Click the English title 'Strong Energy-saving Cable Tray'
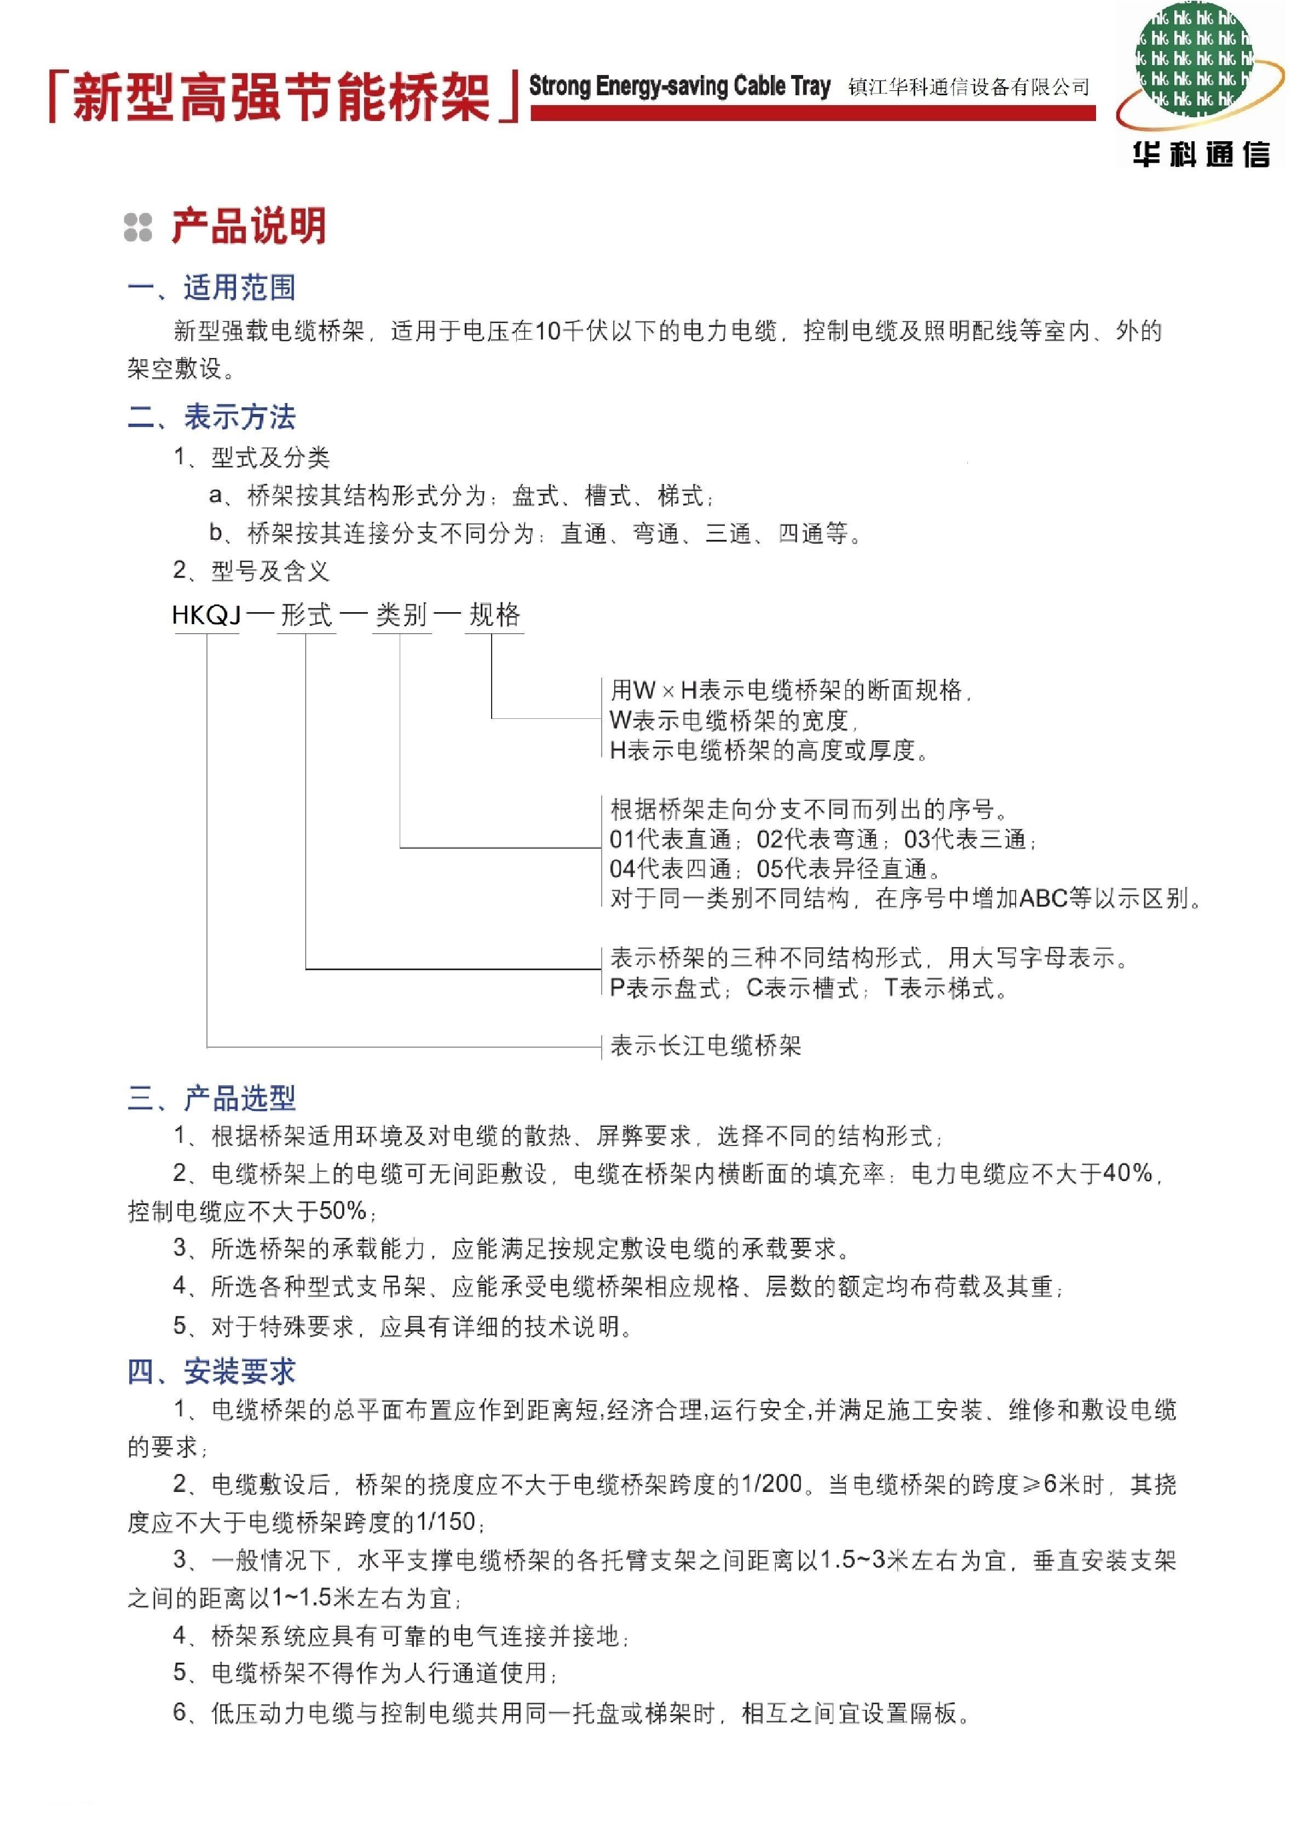pyautogui.click(x=679, y=86)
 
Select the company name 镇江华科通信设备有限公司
pyautogui.click(x=968, y=87)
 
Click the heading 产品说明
pyautogui.click(x=249, y=227)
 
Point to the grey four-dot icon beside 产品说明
pyautogui.click(x=138, y=227)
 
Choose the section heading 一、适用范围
pyautogui.click(x=212, y=287)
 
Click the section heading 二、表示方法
pyautogui.click(x=212, y=417)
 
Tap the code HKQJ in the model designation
pyautogui.click(x=206, y=615)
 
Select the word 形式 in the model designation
pyautogui.click(x=306, y=615)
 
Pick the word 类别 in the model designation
pyautogui.click(x=402, y=615)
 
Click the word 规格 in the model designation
pyautogui.click(x=495, y=615)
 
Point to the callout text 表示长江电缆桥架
pyautogui.click(x=705, y=1046)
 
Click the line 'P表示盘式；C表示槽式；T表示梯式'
pyautogui.click(x=808, y=988)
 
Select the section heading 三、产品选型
pyautogui.click(x=212, y=1098)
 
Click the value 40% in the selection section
pyautogui.click(x=1128, y=1173)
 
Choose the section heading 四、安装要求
pyautogui.click(x=212, y=1371)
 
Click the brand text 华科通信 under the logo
pyautogui.click(x=1201, y=154)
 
